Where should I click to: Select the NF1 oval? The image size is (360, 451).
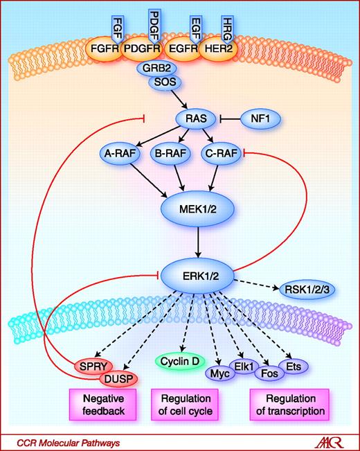click(264, 120)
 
